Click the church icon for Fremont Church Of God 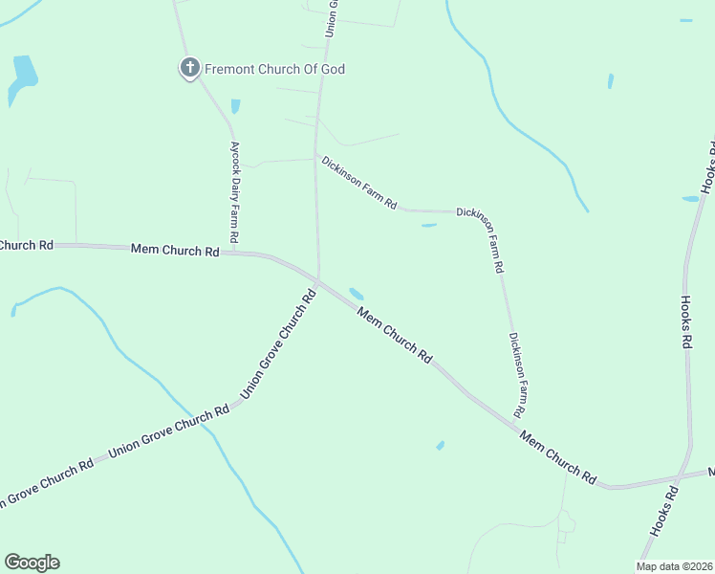(x=189, y=69)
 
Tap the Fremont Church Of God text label (x=274, y=69)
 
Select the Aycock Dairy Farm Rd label (x=233, y=191)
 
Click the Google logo (x=32, y=563)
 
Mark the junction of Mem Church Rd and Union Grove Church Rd (x=318, y=280)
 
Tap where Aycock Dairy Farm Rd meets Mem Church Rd (x=234, y=253)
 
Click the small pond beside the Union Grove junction (x=357, y=293)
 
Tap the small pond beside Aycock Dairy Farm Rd (x=235, y=106)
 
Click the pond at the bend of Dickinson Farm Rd (x=429, y=226)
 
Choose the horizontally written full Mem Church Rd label (x=174, y=251)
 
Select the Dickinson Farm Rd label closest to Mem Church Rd (x=516, y=374)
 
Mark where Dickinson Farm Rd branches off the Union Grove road (x=316, y=156)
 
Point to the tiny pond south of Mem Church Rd (x=440, y=445)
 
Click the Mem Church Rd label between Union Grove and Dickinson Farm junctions (x=394, y=334)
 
